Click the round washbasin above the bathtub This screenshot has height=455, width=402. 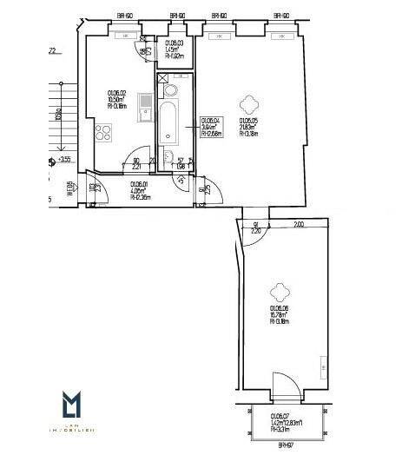point(169,89)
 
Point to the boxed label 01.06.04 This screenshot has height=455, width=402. point(212,127)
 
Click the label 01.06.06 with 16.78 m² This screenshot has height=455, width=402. point(279,314)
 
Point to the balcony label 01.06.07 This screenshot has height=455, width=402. point(278,421)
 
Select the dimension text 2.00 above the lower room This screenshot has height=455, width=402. point(297,224)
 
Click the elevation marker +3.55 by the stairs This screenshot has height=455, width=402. point(63,160)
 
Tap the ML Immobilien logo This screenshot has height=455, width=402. point(77,412)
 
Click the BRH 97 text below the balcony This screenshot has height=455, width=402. point(284,445)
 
